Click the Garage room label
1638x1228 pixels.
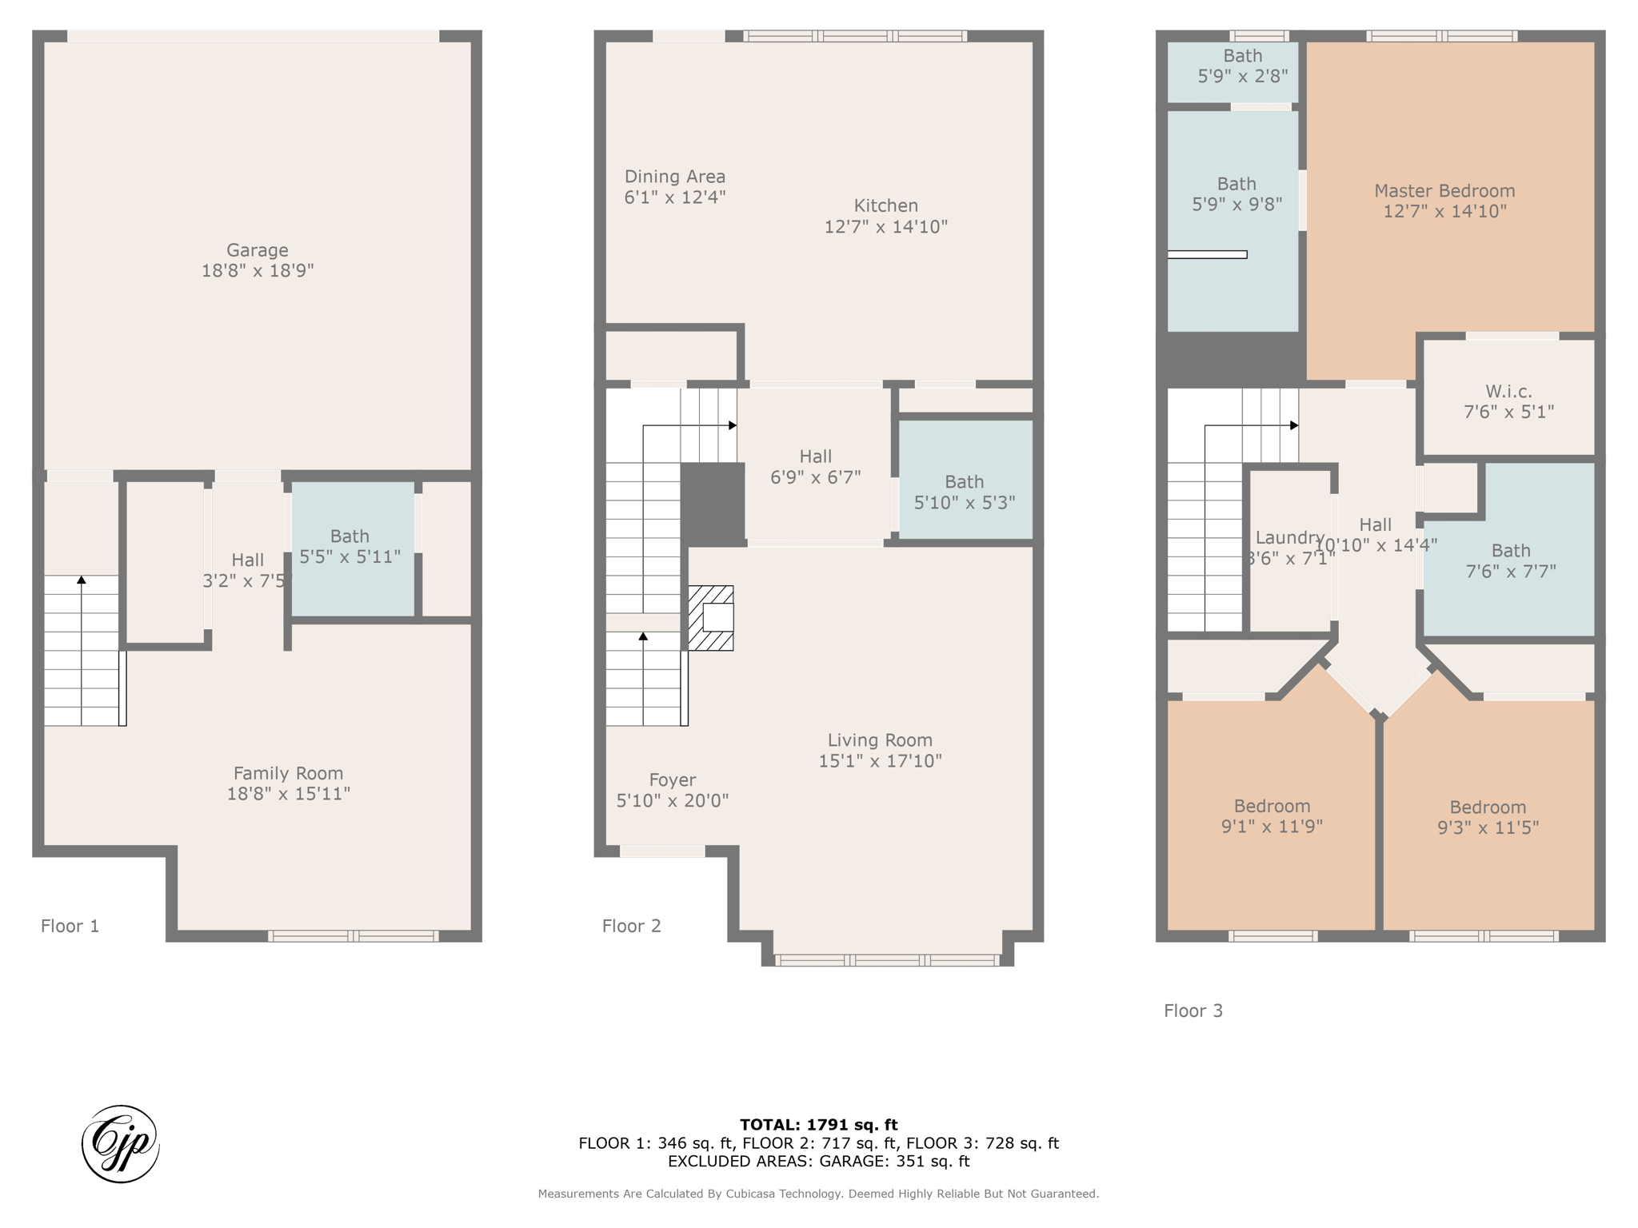(257, 250)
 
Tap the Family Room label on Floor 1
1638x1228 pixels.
(288, 773)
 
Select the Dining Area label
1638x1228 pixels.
(675, 177)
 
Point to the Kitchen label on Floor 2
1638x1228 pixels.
(885, 205)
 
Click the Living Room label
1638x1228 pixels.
(880, 740)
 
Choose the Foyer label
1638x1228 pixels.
(672, 780)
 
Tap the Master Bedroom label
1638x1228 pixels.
(1444, 191)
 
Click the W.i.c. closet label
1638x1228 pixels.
(1508, 392)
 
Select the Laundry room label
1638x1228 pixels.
(1289, 538)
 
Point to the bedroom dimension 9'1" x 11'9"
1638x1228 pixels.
(1272, 827)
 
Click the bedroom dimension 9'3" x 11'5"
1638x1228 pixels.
(1488, 827)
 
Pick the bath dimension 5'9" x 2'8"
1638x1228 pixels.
(1242, 76)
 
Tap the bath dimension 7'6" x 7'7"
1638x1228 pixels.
(1510, 572)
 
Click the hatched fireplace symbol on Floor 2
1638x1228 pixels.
(711, 618)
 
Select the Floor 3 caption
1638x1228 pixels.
(1193, 1011)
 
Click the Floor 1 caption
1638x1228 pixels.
(70, 926)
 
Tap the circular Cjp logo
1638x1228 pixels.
(121, 1143)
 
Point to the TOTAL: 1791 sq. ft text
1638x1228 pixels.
(818, 1125)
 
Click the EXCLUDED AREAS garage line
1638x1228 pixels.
(818, 1161)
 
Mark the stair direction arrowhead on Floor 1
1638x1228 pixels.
(81, 579)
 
